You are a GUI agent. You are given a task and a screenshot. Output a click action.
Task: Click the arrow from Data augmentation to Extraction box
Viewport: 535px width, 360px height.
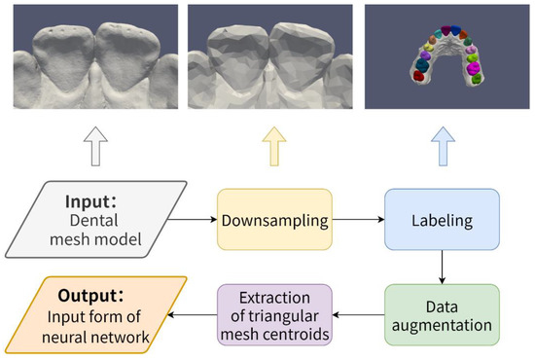coord(358,313)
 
